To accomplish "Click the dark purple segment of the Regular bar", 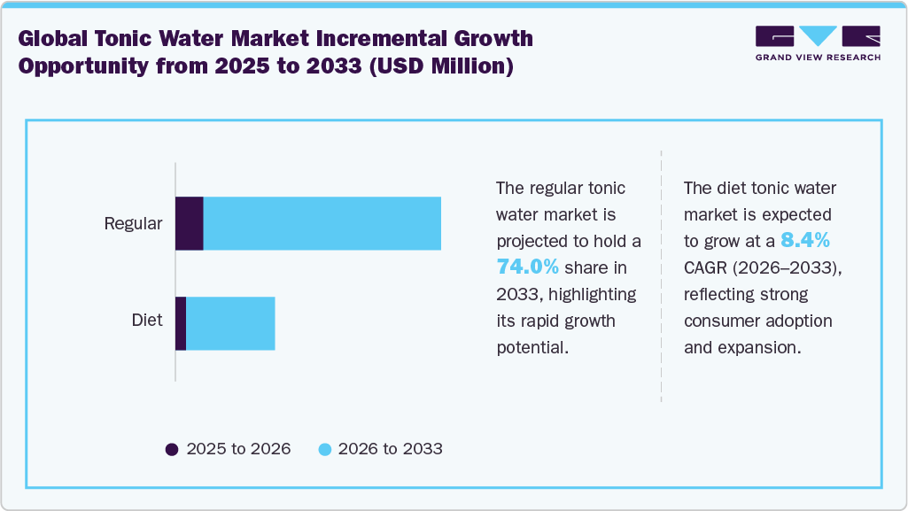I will [x=190, y=223].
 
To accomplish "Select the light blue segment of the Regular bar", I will [x=322, y=223].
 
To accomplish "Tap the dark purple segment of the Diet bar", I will [x=181, y=323].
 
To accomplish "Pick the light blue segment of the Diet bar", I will [x=230, y=323].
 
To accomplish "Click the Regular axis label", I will [x=133, y=223].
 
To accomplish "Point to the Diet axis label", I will [x=147, y=320].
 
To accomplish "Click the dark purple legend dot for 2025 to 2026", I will [x=172, y=449].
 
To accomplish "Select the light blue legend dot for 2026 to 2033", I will [x=324, y=449].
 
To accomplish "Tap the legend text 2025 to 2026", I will [x=238, y=449].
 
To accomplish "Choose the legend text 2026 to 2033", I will [x=390, y=449].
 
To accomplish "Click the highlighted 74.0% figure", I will [x=527, y=267].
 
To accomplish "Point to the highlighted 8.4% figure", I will [x=804, y=241].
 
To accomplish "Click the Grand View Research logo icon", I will [x=818, y=37].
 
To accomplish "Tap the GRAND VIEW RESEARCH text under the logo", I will [x=818, y=58].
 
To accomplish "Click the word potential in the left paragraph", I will [x=532, y=347].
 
